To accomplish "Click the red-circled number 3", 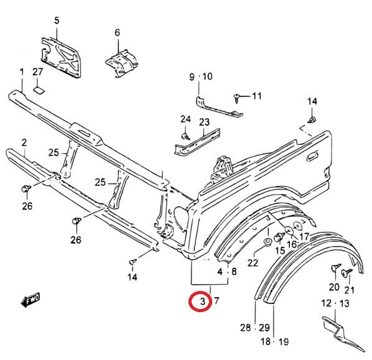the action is tap(202, 301).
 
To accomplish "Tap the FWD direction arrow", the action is tap(30, 300).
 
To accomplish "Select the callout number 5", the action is tap(57, 21).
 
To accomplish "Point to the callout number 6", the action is tap(118, 32).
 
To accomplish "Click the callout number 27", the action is tap(38, 72).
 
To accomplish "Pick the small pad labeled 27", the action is tap(39, 90).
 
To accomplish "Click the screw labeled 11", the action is tap(236, 98).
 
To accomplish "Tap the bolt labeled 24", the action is tap(185, 136).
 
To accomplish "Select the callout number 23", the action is tap(204, 122).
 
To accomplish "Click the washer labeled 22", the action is tap(268, 242).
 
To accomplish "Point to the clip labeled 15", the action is tap(279, 237).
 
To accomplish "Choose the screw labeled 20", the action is tap(335, 267).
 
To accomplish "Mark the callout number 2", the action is tap(24, 143).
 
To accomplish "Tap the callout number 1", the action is tap(22, 72).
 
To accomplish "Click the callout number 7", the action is tap(216, 301).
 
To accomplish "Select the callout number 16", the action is tap(292, 244).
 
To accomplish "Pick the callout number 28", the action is tap(245, 328).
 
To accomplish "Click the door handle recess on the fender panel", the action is tap(312, 156).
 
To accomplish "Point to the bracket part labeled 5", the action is tap(61, 57).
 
